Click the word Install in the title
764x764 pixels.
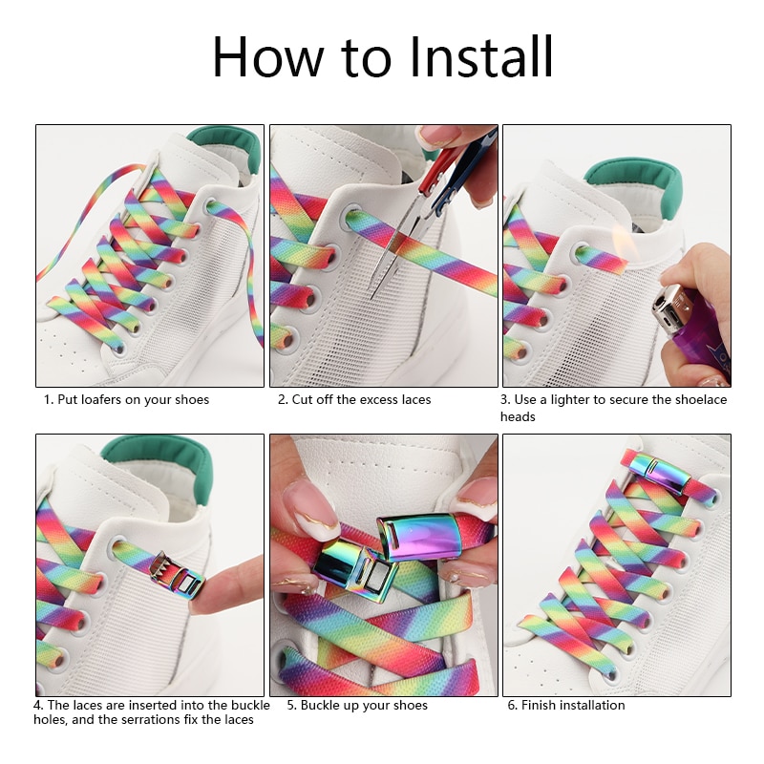(x=481, y=56)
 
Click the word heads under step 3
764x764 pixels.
(x=518, y=417)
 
